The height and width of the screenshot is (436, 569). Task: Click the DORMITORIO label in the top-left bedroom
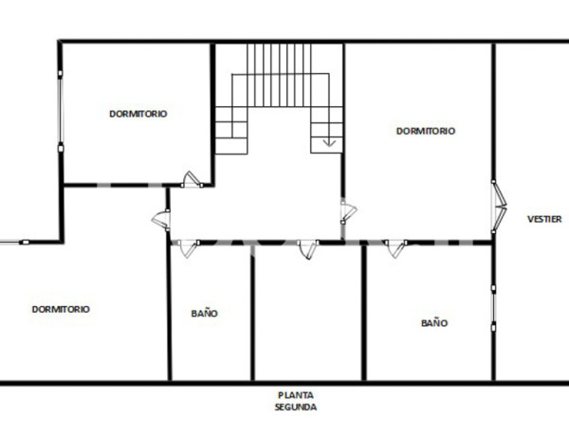coord(138,113)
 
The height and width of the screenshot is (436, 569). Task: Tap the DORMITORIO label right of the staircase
coord(425,131)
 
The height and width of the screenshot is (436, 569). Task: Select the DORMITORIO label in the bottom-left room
coord(61,308)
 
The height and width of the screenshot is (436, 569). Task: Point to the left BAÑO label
coord(204,312)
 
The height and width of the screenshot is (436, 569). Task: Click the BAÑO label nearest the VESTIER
coord(434,322)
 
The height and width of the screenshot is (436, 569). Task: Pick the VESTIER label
coord(544,219)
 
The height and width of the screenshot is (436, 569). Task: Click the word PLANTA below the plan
coord(296,395)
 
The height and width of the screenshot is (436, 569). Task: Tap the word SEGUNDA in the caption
coord(296,407)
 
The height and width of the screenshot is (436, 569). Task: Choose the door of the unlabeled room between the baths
coord(305,248)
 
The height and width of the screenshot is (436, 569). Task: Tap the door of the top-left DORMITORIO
coord(193,179)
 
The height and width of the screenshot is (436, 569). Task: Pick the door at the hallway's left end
coord(162,220)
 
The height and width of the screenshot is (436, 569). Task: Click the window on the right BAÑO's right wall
coord(493,302)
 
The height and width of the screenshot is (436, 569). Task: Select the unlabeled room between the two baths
coord(308,318)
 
